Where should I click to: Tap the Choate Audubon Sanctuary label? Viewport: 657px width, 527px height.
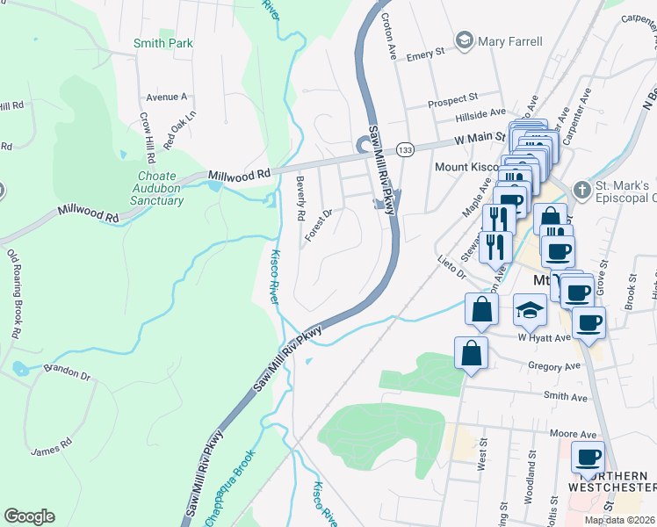click(160, 188)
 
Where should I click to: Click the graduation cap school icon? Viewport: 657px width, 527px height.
click(531, 309)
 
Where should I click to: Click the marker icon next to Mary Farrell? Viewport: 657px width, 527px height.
click(464, 40)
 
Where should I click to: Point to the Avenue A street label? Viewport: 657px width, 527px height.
click(167, 97)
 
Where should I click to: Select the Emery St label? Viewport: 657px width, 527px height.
click(426, 54)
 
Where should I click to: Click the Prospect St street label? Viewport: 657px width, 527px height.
click(452, 100)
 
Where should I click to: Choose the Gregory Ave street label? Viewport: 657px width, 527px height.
click(555, 365)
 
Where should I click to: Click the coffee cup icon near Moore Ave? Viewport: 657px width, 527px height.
click(588, 458)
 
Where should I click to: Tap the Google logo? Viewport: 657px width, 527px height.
click(29, 516)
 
